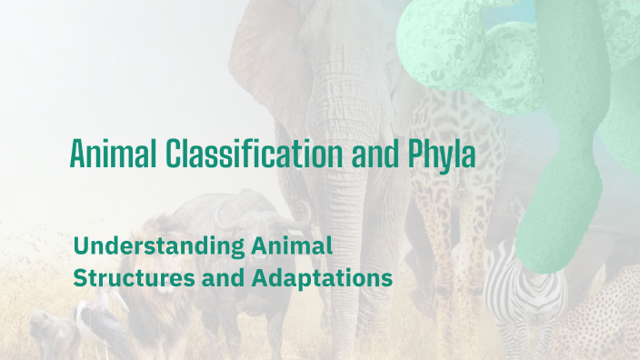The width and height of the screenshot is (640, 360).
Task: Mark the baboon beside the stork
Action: pos(45,332)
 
